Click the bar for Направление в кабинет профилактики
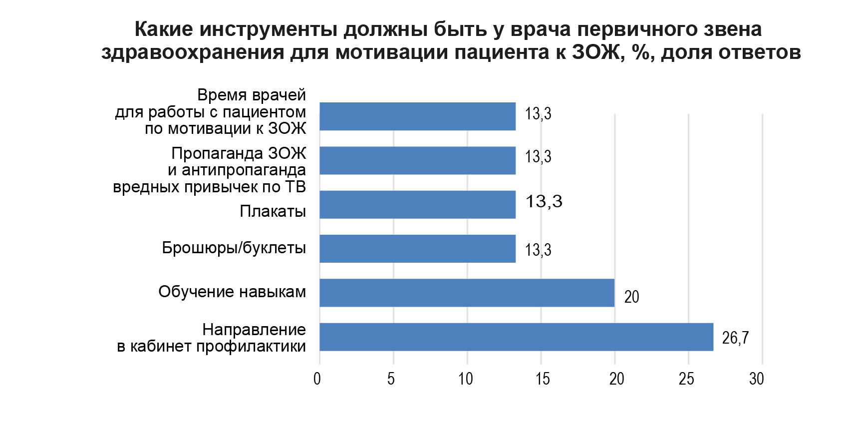click(x=516, y=337)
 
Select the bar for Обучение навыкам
click(x=467, y=293)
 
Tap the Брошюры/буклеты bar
click(x=417, y=249)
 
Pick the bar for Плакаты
click(x=417, y=205)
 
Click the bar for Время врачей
click(x=417, y=116)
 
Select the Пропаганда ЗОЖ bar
click(x=417, y=160)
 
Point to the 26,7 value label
click(x=735, y=338)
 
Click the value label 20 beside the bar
click(x=631, y=297)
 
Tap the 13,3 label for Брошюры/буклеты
click(x=538, y=250)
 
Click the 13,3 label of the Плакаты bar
click(x=544, y=201)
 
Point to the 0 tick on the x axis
click(x=317, y=379)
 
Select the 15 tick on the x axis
click(x=543, y=379)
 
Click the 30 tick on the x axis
click(x=756, y=379)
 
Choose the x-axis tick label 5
click(x=391, y=379)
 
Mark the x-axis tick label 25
click(x=686, y=379)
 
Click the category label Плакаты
click(x=273, y=211)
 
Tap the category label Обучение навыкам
click(x=232, y=292)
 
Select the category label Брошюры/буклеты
click(x=234, y=248)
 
